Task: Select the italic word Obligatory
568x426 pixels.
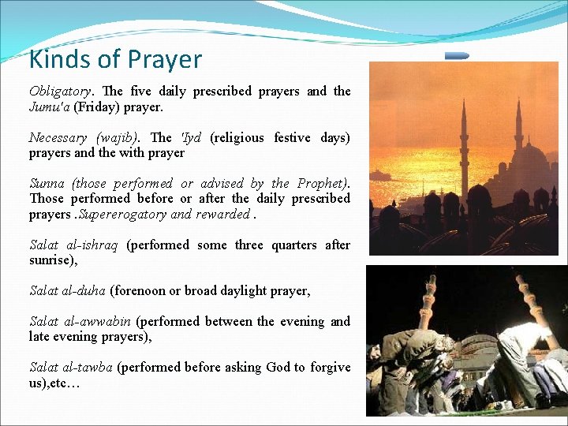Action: [62, 92]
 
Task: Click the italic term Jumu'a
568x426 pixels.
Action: [48, 107]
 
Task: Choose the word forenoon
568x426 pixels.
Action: [137, 291]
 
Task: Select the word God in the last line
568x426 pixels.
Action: [278, 368]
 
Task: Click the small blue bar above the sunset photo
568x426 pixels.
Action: [457, 56]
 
